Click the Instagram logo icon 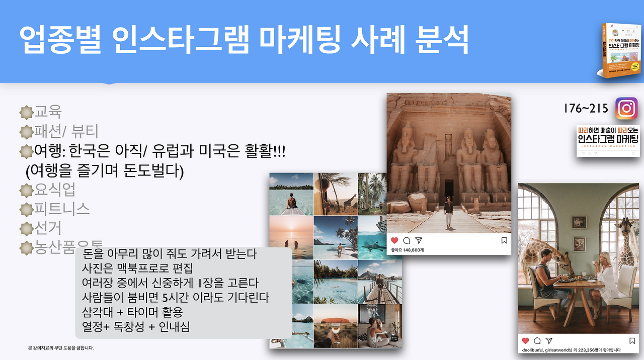click(x=626, y=108)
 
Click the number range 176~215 click(x=586, y=108)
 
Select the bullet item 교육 click(x=48, y=112)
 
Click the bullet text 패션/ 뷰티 click(x=66, y=132)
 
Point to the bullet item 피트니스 click(x=61, y=209)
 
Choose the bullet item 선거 click(x=48, y=228)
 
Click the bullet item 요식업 click(x=55, y=190)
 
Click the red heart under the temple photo click(x=394, y=240)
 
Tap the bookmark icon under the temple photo click(x=504, y=240)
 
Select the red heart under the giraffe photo click(x=526, y=340)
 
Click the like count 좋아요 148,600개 click(x=407, y=250)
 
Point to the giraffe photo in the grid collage click(x=336, y=194)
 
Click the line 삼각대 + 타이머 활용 click(x=132, y=312)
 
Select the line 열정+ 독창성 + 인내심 click(x=136, y=327)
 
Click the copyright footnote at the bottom click(x=61, y=348)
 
